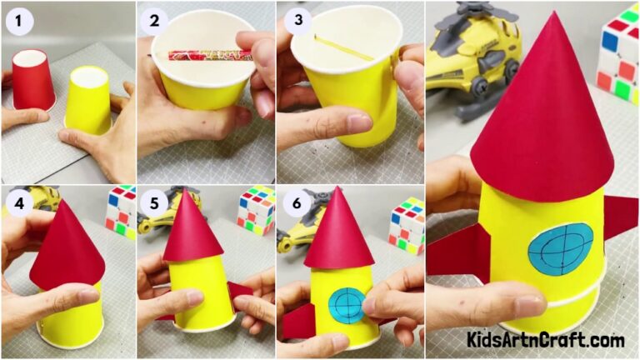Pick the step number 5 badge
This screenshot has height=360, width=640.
coord(156,202)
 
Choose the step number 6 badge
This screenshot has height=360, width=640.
coord(295,202)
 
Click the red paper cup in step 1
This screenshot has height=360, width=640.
coord(33,79)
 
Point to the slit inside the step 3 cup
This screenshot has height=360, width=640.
coord(343,47)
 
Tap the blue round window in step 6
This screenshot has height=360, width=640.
coord(346,303)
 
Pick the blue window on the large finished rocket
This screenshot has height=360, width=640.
coord(560,249)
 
